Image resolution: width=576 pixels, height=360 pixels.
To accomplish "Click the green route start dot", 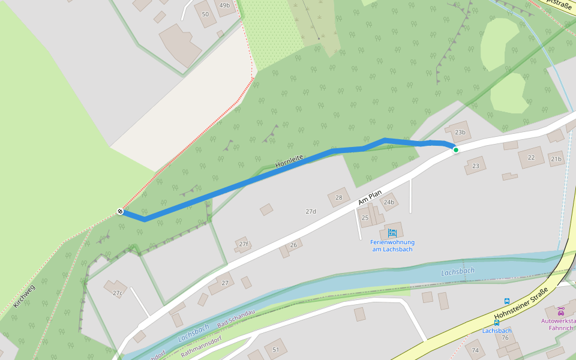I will (456, 149).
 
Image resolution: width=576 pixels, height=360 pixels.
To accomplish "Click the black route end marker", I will (121, 211).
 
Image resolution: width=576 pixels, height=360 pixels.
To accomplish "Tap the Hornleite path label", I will (290, 161).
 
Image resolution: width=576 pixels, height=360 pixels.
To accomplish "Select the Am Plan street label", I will (370, 198).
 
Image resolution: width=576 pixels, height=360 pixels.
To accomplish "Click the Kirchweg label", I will (24, 296).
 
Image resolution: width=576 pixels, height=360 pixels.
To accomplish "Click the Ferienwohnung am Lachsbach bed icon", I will (392, 233).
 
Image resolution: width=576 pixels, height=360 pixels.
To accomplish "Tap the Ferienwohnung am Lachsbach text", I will (393, 245).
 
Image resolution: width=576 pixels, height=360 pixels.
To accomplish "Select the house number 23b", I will (460, 132).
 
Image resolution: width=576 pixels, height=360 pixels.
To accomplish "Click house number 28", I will (339, 197).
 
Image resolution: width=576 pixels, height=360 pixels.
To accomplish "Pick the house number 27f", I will (243, 244).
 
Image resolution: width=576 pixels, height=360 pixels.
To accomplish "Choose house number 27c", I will (117, 293).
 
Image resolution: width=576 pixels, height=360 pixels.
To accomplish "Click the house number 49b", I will (224, 5).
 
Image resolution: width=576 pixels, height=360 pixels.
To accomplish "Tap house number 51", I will (276, 349).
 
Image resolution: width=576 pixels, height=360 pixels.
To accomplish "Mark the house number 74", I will (476, 350).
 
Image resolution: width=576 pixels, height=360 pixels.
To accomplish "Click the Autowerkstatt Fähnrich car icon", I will (560, 311).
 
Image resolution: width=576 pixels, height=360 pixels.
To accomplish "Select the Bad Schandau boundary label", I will (236, 319).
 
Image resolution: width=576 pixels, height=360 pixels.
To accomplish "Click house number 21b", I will (556, 159).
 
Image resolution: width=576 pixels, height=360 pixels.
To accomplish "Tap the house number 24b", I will (389, 202).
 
